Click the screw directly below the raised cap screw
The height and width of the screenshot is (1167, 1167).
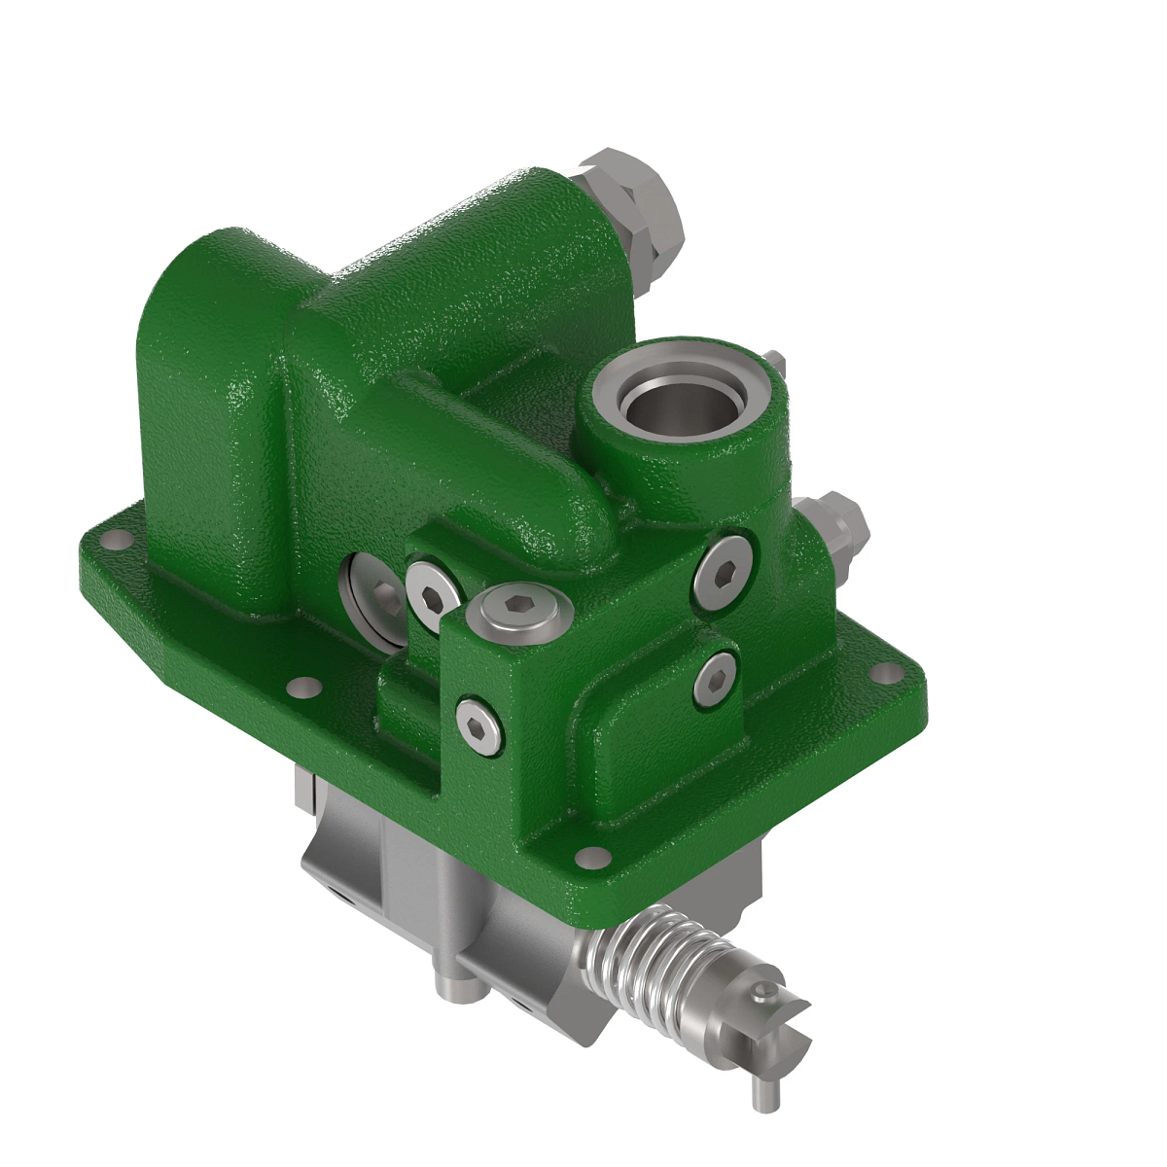(479, 725)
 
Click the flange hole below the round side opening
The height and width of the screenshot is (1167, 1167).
(303, 687)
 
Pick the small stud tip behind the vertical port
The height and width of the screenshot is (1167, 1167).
(774, 361)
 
